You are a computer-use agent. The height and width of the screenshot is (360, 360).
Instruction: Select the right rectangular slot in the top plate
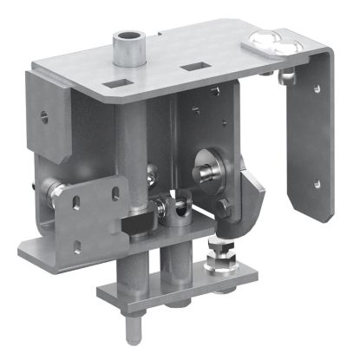pyautogui.click(x=194, y=66)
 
